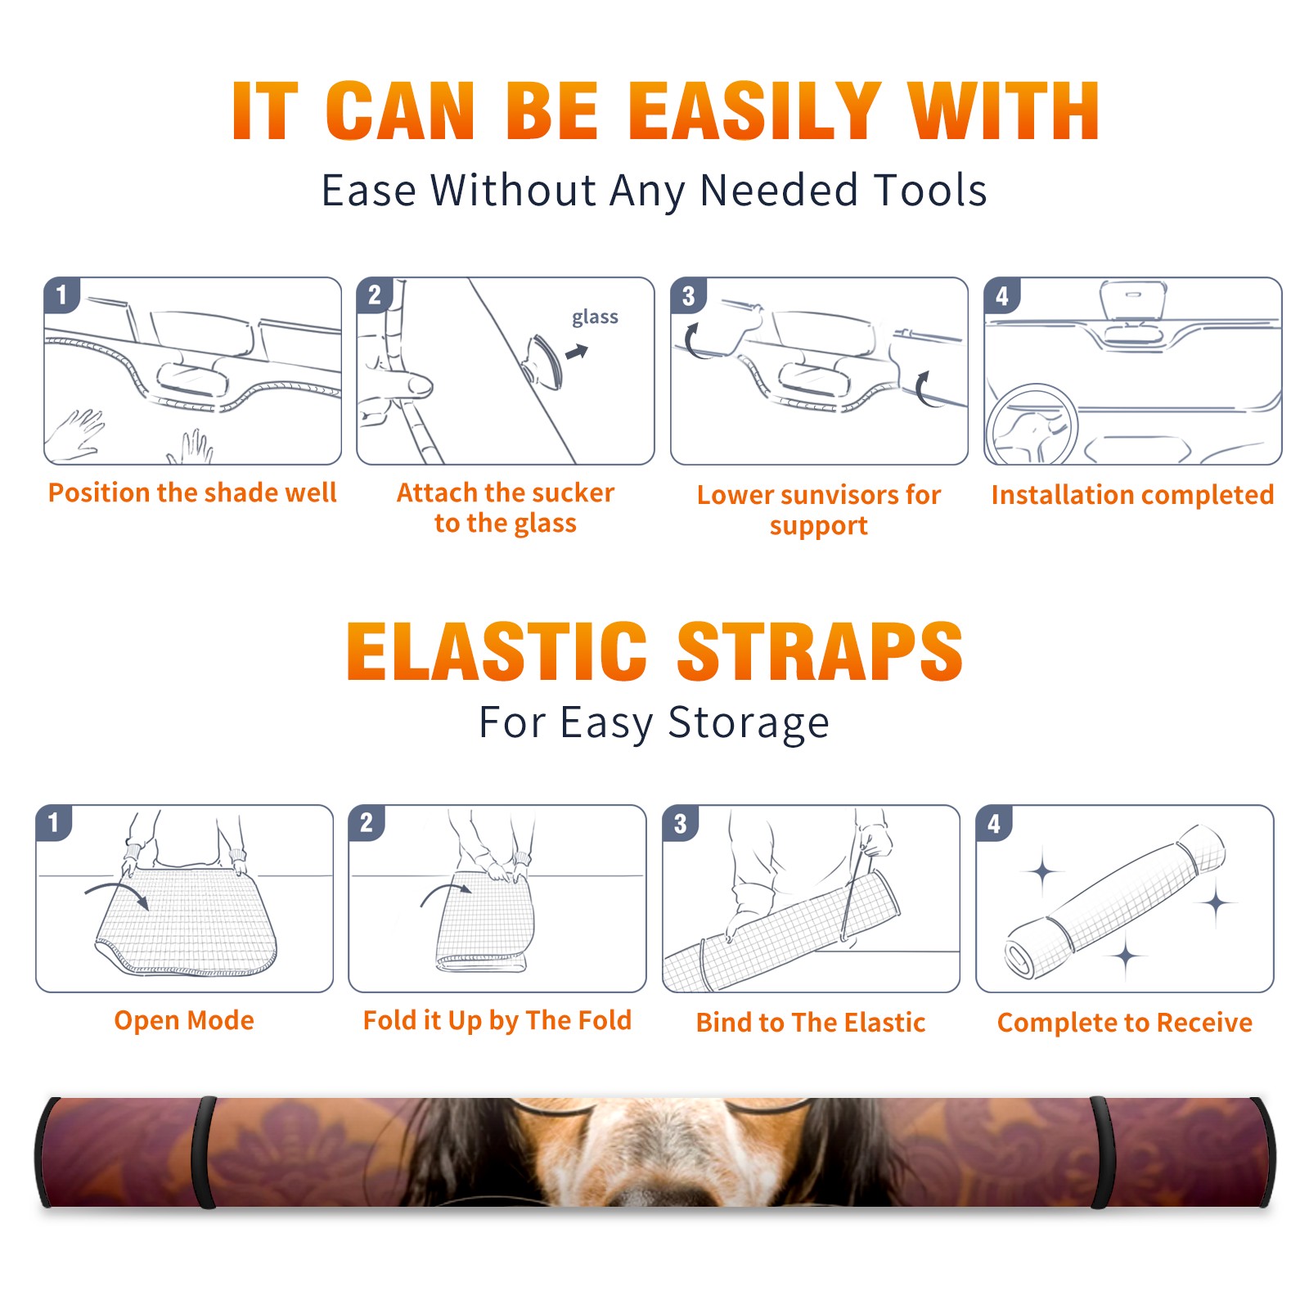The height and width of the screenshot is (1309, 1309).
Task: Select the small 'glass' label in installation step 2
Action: (595, 317)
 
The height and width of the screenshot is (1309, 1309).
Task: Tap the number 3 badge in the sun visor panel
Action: (688, 295)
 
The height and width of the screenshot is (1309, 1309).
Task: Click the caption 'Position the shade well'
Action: (192, 493)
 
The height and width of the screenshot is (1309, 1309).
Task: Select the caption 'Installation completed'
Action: (1132, 494)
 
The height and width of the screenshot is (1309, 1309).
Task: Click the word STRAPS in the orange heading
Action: (820, 651)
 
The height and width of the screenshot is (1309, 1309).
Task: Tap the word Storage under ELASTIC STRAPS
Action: (749, 723)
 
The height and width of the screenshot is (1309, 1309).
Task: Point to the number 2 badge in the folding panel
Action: (367, 822)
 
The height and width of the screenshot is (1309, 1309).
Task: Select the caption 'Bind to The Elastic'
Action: (811, 1022)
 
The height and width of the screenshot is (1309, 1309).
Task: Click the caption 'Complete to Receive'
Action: (1125, 1023)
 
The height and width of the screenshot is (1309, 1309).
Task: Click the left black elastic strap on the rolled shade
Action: (205, 1152)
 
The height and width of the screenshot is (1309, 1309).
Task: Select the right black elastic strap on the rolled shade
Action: (1100, 1152)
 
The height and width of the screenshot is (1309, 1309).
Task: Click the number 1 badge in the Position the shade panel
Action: (61, 295)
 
